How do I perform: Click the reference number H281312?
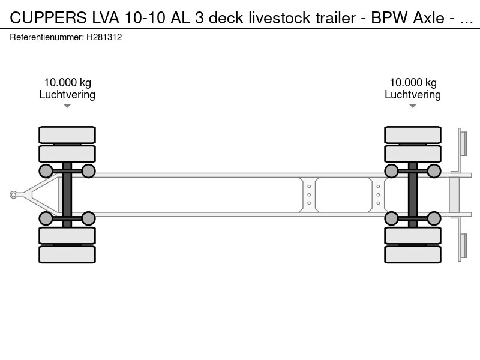104,37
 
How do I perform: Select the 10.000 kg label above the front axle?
67,83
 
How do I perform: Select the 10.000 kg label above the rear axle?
413,83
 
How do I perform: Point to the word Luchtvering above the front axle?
67,94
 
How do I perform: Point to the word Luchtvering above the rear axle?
413,94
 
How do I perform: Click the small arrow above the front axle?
67,106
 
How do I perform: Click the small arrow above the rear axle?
413,106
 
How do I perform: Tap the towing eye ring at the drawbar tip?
14,194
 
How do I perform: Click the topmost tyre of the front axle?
67,135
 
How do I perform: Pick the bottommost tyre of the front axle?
67,254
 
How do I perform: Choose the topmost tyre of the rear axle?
413,135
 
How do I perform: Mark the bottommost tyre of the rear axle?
413,254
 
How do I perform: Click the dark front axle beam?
67,194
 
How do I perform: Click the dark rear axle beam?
413,194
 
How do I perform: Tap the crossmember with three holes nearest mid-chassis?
309,194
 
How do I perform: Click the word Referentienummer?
46,37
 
